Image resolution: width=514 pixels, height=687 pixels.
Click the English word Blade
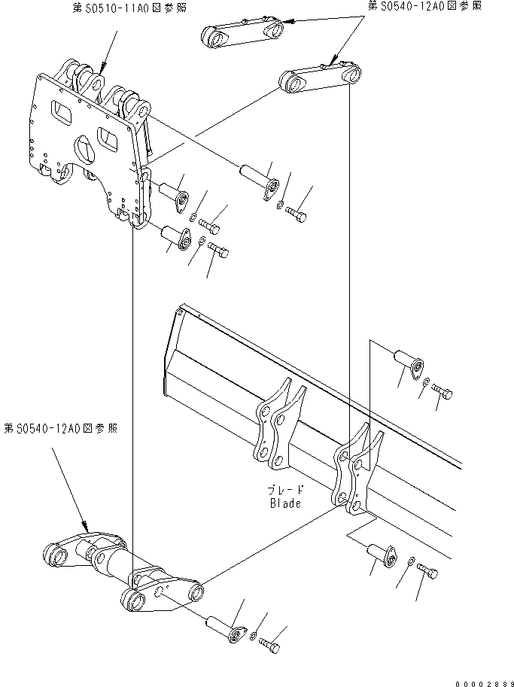point(285,503)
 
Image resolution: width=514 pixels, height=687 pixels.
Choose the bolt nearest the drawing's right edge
point(443,393)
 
